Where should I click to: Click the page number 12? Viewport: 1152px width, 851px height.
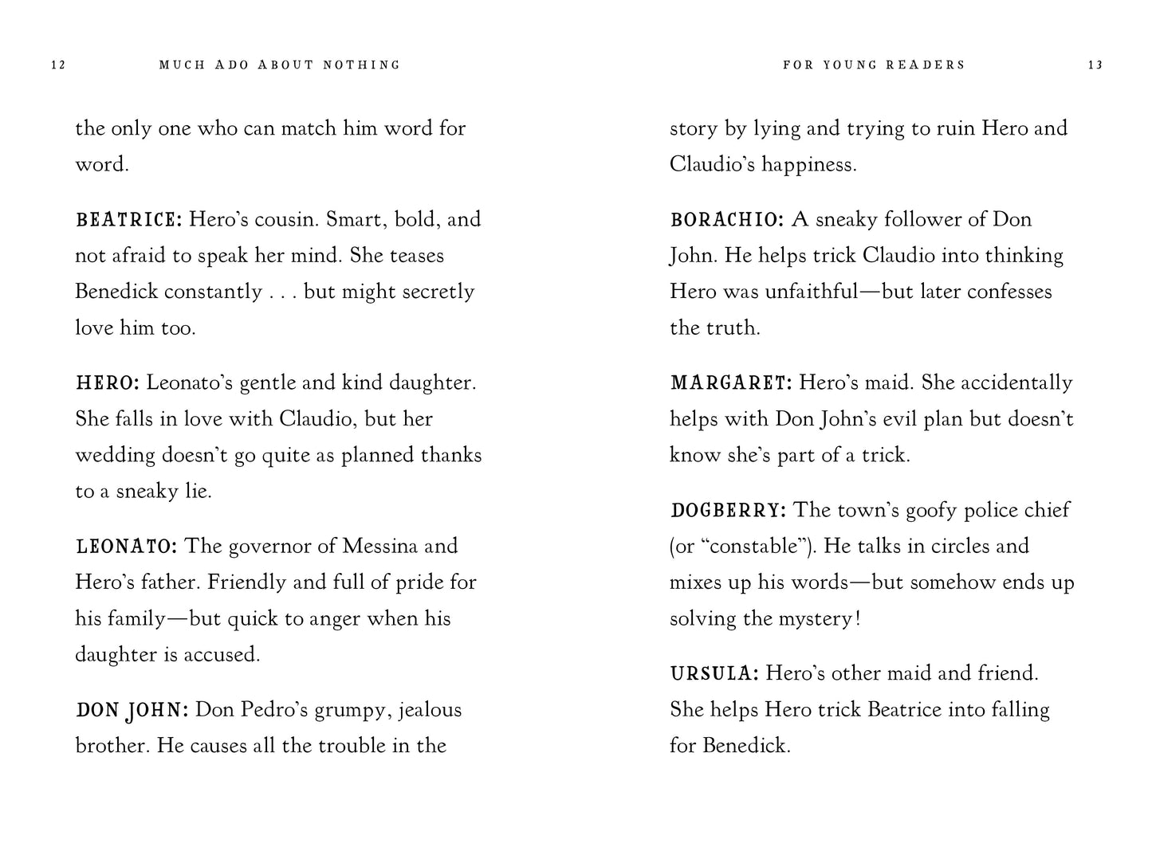[58, 65]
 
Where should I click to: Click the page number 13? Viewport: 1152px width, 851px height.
[1095, 65]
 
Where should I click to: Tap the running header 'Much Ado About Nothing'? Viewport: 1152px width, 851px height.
[280, 65]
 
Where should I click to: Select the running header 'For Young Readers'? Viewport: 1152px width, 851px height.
[874, 65]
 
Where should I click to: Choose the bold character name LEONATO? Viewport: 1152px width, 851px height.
[126, 547]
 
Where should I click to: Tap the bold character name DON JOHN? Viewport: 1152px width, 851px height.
[132, 710]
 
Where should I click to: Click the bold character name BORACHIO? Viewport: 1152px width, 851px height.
[728, 219]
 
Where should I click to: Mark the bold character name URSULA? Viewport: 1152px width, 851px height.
[714, 674]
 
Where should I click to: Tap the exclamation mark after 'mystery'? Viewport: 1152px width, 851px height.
[857, 619]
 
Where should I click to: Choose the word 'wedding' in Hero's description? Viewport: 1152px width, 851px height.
[115, 456]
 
